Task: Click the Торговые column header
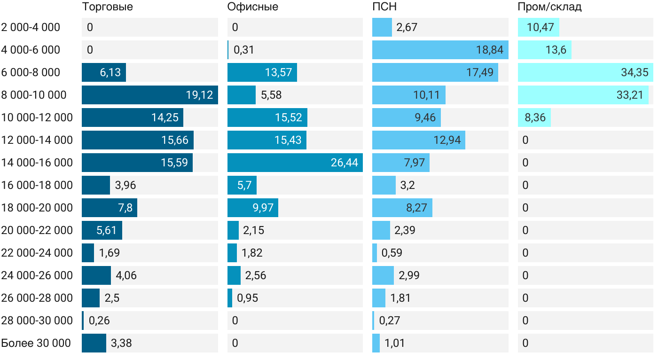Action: pos(107,7)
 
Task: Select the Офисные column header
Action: pos(252,7)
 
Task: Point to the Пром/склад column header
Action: pos(549,7)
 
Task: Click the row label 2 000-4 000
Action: pos(31,27)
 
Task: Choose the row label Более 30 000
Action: pos(36,343)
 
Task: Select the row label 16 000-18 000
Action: pos(37,185)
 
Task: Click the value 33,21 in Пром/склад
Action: pos(630,95)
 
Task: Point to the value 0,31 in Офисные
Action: pos(244,50)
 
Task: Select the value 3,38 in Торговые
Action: pos(121,343)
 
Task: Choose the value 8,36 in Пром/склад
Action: pos(535,117)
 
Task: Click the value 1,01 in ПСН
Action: pos(395,343)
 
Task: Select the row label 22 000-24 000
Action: pos(37,253)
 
